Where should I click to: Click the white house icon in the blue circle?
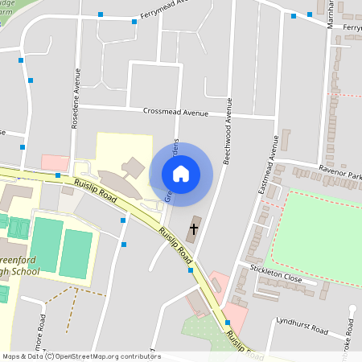pyautogui.click(x=181, y=173)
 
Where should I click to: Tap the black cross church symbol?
pyautogui.click(x=193, y=229)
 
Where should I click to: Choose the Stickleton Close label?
pyautogui.click(x=276, y=278)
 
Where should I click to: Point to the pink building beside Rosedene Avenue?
pyautogui.click(x=55, y=162)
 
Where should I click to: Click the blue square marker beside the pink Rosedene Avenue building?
pyautogui.click(x=58, y=175)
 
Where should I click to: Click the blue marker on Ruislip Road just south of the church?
pyautogui.click(x=191, y=271)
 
